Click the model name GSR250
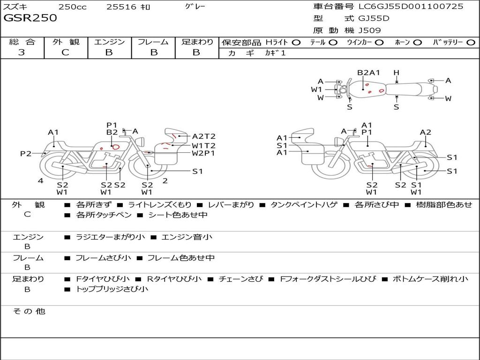(30, 18)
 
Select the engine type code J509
(369, 30)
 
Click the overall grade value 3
(22, 52)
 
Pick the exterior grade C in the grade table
(65, 52)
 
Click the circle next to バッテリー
(471, 43)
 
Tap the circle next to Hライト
(296, 43)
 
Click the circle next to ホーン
(418, 43)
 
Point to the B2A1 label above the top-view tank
(368, 73)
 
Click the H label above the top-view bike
(397, 73)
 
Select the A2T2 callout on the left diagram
(203, 136)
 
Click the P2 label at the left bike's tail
(26, 153)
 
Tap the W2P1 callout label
(203, 153)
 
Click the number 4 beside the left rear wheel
(41, 180)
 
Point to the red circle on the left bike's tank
(116, 147)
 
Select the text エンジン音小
(187, 237)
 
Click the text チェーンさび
(240, 279)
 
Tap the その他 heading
(29, 311)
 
